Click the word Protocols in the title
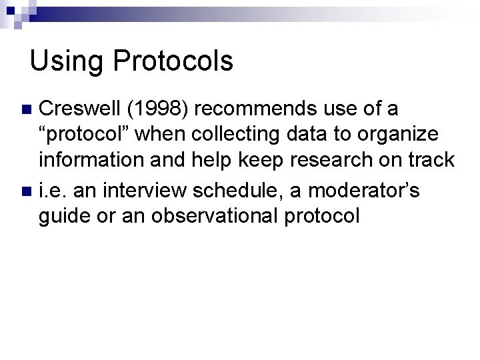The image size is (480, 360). point(173,61)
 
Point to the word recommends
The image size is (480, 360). point(264,109)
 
